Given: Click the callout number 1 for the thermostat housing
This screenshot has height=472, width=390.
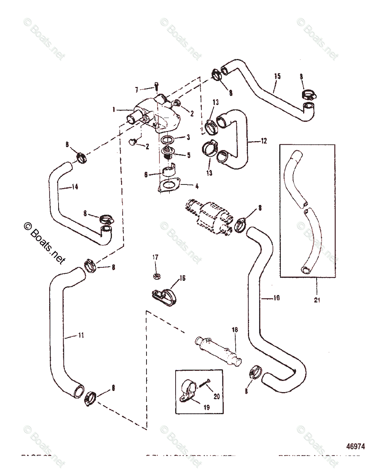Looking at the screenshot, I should tap(114, 110).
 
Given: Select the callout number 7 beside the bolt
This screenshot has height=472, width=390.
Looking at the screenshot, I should tap(137, 90).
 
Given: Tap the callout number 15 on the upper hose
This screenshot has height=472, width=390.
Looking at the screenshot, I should tap(278, 76).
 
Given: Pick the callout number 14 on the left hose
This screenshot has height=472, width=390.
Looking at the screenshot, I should tap(75, 187).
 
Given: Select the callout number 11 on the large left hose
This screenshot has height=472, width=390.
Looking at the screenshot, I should tap(81, 335).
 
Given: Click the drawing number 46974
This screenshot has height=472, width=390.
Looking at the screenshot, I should tap(355, 446).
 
